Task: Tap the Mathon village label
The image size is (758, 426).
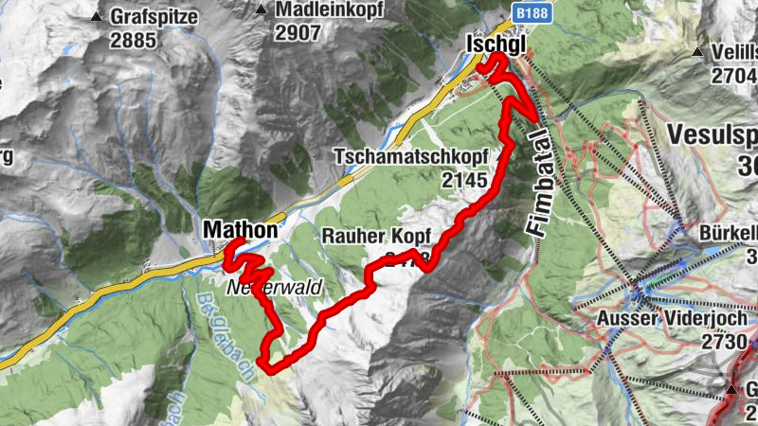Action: point(241,229)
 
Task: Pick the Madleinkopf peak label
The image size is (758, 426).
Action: point(319,9)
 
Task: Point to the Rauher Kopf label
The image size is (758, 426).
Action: point(376,236)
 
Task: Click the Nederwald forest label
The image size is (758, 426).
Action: point(275,285)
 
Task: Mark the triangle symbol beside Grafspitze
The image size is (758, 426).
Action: point(97,17)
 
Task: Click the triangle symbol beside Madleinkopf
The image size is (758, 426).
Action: point(261,9)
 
